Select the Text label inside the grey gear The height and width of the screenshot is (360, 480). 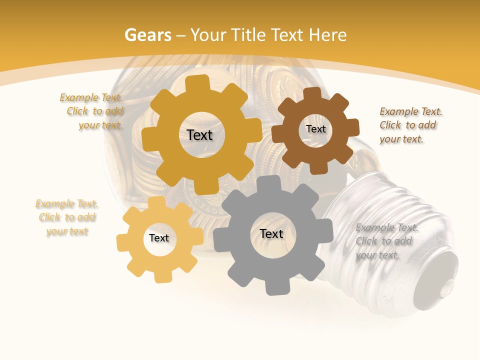click(271, 233)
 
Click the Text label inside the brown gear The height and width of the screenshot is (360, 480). click(315, 129)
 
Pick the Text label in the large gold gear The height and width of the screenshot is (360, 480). click(199, 135)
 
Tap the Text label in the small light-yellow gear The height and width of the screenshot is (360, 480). click(159, 238)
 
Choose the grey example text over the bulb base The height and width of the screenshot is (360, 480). click(386, 241)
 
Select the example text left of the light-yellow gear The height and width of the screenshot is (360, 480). click(67, 217)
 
